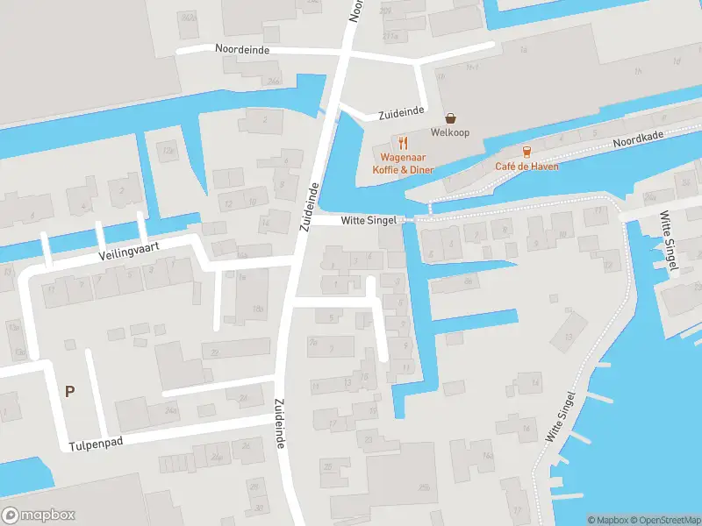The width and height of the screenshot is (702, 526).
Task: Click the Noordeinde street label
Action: tap(242, 50)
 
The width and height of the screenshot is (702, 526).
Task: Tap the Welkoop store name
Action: tap(451, 133)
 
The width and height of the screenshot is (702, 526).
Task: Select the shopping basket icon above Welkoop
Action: tap(451, 117)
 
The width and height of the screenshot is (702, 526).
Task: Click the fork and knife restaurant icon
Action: tap(403, 142)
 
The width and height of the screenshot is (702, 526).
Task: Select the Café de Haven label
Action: tap(526, 167)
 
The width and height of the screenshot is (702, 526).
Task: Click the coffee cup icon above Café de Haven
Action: tap(526, 152)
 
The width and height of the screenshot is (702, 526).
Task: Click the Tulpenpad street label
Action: tap(96, 444)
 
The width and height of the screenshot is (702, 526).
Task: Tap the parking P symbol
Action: tap(69, 392)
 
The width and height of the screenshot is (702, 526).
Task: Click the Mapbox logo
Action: tap(38, 515)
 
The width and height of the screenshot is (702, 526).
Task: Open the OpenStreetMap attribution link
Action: tap(663, 520)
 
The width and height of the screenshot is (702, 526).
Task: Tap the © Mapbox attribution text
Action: tap(607, 520)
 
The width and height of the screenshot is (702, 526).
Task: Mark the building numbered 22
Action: tap(214, 353)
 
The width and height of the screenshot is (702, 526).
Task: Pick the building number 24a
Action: tap(170, 409)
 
